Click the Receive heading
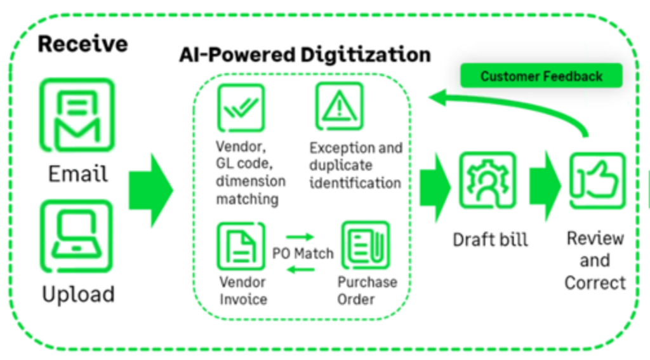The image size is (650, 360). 83,44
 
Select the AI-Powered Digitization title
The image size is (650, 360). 305,55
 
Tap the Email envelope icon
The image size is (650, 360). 77,115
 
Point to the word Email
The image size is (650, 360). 77,173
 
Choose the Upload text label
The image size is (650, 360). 77,294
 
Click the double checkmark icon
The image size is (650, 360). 241,109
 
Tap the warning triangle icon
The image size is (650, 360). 340,107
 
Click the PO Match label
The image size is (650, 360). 303,253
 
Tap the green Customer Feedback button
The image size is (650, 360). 541,76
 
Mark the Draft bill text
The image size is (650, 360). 490,239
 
